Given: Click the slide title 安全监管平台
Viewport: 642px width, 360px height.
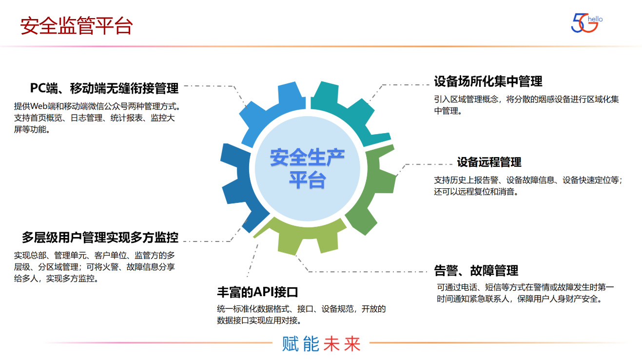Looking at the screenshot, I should [x=77, y=26].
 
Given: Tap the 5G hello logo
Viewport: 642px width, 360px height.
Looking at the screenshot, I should [x=586, y=23].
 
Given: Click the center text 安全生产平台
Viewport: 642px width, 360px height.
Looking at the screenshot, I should [x=307, y=168].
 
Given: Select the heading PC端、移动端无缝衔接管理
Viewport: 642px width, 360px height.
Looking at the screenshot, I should [x=104, y=88].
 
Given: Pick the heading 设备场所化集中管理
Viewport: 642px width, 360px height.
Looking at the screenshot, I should [x=488, y=81].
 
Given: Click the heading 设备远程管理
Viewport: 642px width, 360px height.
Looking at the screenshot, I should [x=489, y=162].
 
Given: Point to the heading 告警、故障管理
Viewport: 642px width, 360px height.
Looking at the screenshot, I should [x=476, y=270].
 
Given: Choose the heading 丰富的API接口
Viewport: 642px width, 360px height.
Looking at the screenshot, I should [x=257, y=292].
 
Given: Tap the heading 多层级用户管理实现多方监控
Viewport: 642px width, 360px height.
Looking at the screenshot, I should [x=100, y=238].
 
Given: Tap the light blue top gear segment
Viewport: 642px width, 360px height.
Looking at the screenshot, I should [x=273, y=112].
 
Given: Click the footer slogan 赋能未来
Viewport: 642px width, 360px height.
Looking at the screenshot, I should [x=321, y=344].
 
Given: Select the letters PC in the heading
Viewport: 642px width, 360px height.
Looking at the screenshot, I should [x=39, y=88].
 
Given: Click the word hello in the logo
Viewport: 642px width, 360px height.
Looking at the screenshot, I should [x=595, y=19].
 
